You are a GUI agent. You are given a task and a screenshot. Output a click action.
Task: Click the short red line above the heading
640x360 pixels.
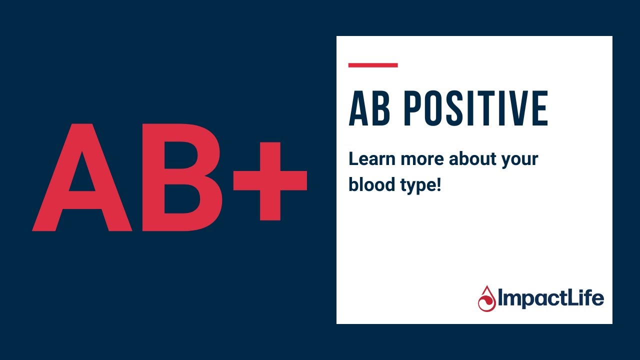(373, 65)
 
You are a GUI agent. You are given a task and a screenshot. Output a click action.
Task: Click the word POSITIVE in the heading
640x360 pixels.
(475, 108)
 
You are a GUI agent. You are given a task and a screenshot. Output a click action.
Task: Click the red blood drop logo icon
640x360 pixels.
(486, 299)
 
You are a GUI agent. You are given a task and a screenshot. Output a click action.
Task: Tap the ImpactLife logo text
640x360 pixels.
(550, 299)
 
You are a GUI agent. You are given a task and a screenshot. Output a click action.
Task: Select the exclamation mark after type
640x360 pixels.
(438, 185)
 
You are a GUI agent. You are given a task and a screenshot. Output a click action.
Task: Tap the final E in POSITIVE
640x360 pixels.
(540, 108)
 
